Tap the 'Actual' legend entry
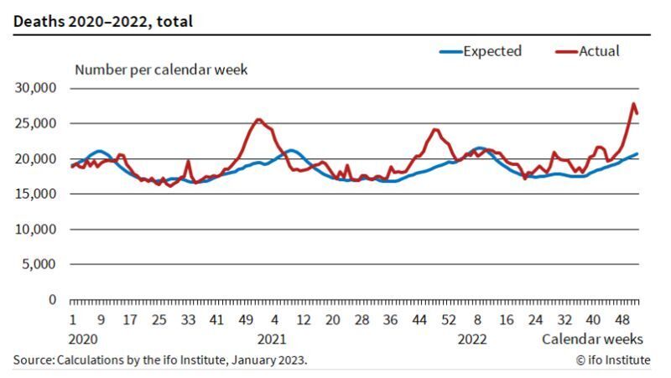click(x=599, y=51)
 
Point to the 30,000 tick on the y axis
click(x=36, y=88)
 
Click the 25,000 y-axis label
click(x=36, y=123)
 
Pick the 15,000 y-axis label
click(x=36, y=194)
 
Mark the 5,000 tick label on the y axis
click(x=39, y=264)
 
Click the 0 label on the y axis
click(x=52, y=299)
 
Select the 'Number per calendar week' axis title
click(x=161, y=70)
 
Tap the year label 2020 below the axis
click(x=84, y=339)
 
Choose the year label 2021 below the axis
click(x=272, y=339)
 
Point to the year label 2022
click(x=472, y=339)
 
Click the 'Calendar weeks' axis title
click(x=592, y=339)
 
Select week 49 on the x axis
click(x=247, y=319)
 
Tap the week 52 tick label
click(x=449, y=319)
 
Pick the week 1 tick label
click(x=73, y=319)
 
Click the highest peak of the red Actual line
click(x=633, y=104)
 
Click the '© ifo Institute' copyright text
click(x=613, y=360)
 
